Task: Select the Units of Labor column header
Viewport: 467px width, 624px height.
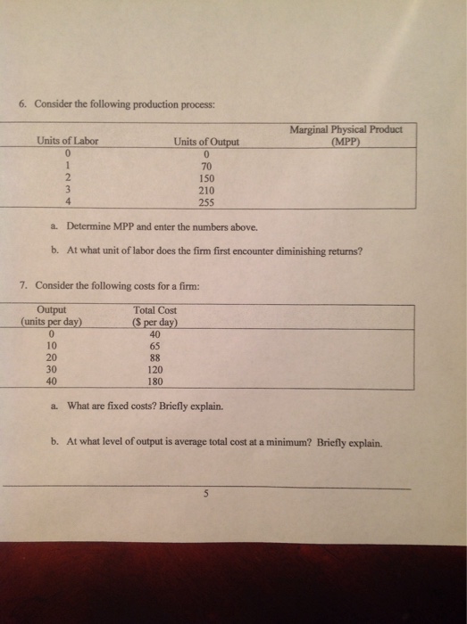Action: pos(68,141)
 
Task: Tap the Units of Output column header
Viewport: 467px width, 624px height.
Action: pos(206,141)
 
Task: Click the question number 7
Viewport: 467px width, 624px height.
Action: pos(22,284)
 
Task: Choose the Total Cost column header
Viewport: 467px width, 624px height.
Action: pos(154,310)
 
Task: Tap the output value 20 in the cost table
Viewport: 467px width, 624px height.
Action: pos(51,357)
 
